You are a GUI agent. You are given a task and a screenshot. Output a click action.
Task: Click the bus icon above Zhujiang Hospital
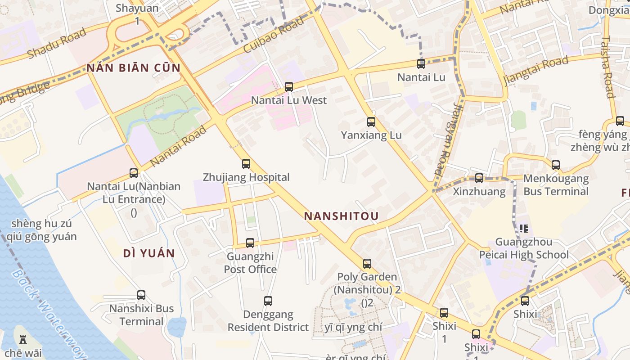click(x=246, y=164)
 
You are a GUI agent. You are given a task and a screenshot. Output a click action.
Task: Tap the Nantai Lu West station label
click(x=288, y=100)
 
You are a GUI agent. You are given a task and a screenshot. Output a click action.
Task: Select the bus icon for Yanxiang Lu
click(x=371, y=122)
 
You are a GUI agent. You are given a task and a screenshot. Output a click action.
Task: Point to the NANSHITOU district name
click(x=341, y=216)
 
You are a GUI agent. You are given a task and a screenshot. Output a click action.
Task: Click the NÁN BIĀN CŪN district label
click(x=134, y=68)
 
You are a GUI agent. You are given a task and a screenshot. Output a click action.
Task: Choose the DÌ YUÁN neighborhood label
click(x=149, y=253)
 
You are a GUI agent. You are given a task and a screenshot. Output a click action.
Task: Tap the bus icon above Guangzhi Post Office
click(x=250, y=243)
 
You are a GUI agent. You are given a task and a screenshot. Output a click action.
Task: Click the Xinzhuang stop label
click(x=479, y=191)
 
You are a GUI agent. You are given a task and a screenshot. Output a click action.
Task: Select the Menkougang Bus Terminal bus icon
click(x=556, y=165)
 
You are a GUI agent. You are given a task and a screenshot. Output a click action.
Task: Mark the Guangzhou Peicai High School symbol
click(x=523, y=229)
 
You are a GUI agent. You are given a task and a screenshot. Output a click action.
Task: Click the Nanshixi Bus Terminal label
click(x=141, y=315)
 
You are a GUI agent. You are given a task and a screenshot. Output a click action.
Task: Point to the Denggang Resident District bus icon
click(x=268, y=301)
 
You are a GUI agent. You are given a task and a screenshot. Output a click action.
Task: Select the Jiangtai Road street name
click(x=536, y=71)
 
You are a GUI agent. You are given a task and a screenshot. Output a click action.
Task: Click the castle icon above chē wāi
click(x=23, y=339)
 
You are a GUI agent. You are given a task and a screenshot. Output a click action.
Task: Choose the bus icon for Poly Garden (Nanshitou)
click(x=367, y=264)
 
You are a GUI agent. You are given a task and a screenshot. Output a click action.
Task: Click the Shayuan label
click(x=137, y=8)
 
